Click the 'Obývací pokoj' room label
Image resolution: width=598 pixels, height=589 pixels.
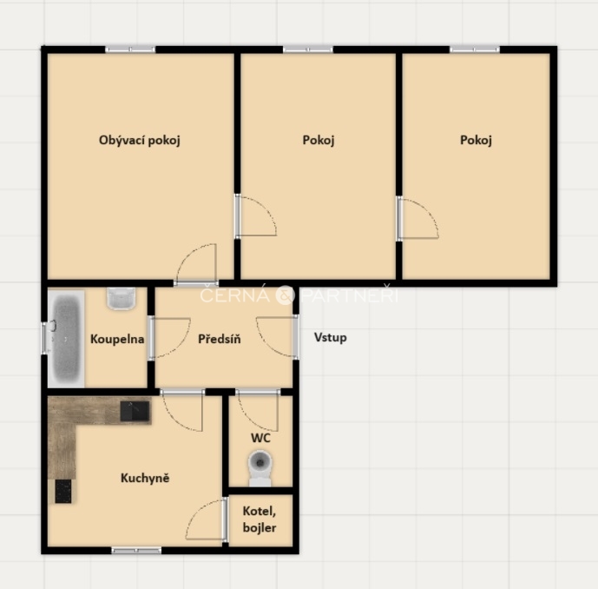coord(139,141)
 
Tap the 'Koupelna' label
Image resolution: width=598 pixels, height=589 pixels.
coord(117,339)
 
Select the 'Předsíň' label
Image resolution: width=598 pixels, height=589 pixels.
coord(220,339)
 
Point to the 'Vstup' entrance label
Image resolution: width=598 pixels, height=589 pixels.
coord(331,337)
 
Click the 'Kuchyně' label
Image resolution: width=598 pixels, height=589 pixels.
coord(145,478)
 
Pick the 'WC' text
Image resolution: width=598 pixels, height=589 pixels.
coord(260,438)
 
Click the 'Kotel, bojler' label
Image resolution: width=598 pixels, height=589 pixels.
coord(260,520)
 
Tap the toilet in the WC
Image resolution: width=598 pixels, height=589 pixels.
coord(260,468)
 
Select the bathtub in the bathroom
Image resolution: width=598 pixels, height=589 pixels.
coord(66,339)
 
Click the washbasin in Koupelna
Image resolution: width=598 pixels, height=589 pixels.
coord(122,298)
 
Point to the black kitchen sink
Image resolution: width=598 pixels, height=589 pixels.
coord(135,411)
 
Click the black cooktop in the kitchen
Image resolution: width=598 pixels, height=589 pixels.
coord(63,492)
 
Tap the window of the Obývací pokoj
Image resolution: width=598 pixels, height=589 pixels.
coord(130,50)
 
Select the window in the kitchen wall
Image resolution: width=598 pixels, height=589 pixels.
coord(136,551)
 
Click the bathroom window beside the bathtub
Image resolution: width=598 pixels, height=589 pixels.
coord(44,338)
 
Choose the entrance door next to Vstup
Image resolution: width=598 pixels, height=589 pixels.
coord(278,337)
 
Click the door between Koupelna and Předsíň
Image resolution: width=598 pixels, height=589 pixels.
coord(169,338)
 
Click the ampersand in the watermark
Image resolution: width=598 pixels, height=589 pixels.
coord(285,295)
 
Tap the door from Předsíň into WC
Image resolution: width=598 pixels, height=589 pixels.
coord(258,410)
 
